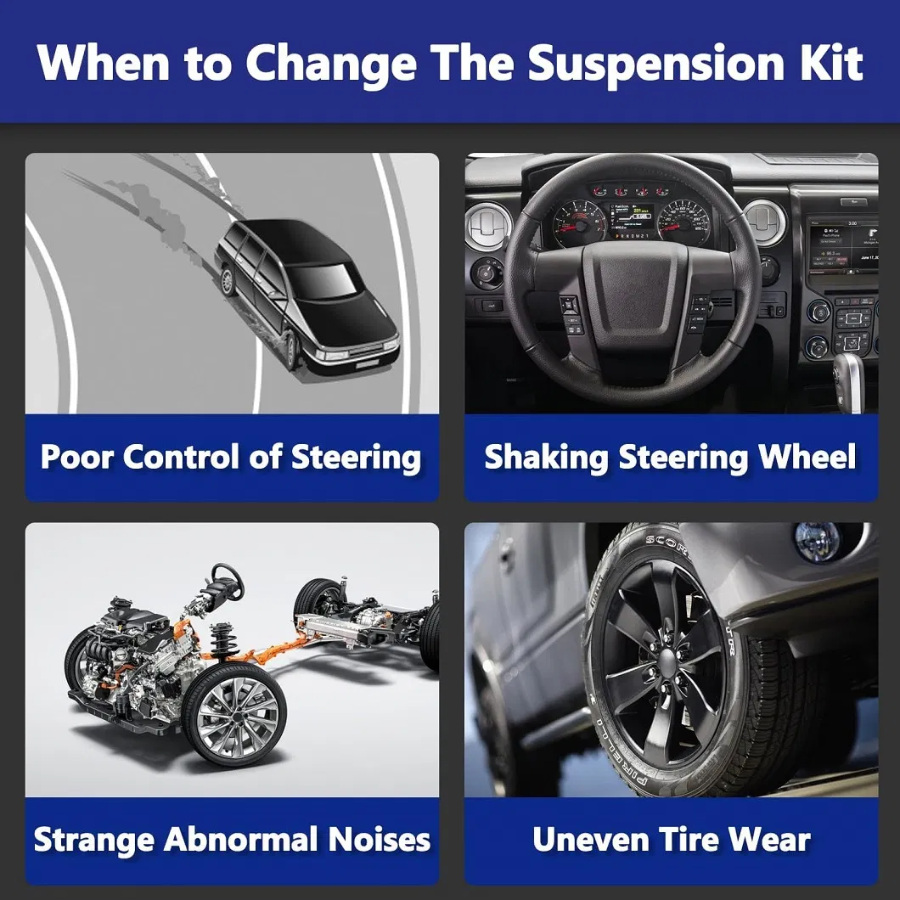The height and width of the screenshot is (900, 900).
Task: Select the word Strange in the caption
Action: pos(93,841)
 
